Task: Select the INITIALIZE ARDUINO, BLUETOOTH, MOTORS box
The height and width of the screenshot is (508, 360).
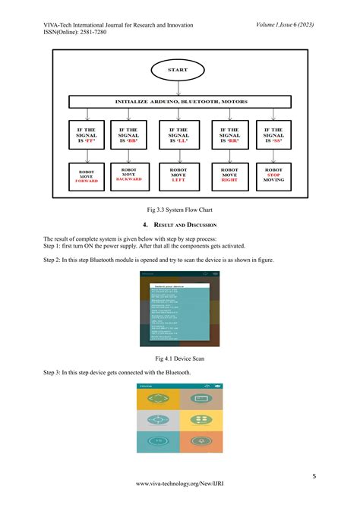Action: [x=179, y=101]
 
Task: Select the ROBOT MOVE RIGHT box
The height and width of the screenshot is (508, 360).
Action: [x=229, y=177]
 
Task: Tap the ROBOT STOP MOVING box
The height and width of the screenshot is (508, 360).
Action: [x=273, y=177]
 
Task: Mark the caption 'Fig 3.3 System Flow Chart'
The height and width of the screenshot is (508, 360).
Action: [x=179, y=209]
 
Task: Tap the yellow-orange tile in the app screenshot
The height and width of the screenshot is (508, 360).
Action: [x=158, y=397]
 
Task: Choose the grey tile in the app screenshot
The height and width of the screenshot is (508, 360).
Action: [x=158, y=419]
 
